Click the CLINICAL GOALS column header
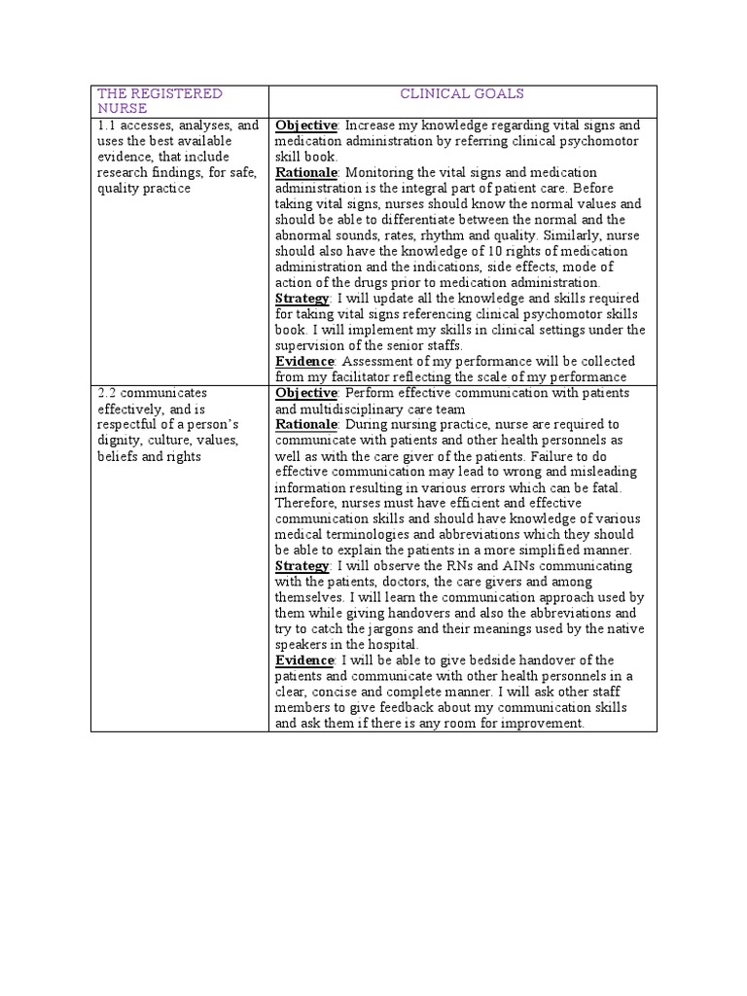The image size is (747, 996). point(462,94)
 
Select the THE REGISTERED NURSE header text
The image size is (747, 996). point(159,101)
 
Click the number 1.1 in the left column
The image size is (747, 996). point(107,125)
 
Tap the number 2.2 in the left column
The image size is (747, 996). point(107,392)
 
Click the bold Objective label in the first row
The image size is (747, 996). point(306,125)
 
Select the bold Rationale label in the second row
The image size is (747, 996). point(305,424)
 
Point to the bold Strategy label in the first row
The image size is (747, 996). point(302,298)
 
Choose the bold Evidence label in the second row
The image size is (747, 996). point(305,660)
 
